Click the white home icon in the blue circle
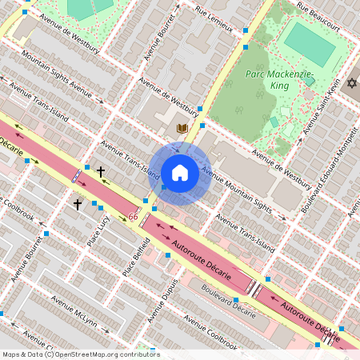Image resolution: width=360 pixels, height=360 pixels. pos(180,173)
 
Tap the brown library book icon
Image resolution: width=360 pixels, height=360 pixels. pos(182,129)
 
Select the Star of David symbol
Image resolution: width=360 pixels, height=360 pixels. pos(351,83)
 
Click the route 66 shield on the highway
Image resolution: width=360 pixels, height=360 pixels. pos(133,217)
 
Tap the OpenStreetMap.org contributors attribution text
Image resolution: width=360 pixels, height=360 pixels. pos(104,354)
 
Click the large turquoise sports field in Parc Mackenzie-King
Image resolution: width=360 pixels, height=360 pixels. pos(310,44)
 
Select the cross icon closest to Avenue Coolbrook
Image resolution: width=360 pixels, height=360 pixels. pos(78,205)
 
